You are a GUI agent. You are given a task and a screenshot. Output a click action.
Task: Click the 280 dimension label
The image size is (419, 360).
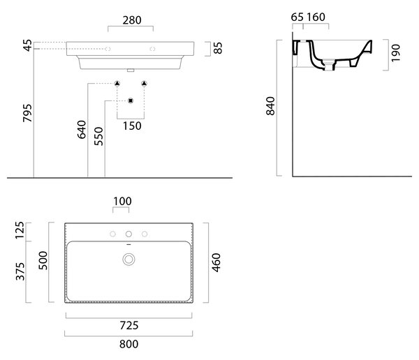(132, 20)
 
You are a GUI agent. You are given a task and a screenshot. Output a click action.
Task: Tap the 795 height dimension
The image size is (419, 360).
(27, 113)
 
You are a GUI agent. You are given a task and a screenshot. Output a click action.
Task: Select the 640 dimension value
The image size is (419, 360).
(82, 130)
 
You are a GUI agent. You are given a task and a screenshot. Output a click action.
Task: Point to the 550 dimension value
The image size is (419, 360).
(98, 136)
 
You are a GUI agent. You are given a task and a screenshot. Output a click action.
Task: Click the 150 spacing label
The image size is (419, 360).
(132, 126)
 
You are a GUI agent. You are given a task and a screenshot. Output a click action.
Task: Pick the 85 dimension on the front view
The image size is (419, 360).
(218, 48)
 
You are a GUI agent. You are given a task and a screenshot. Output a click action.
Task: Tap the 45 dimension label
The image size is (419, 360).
(27, 45)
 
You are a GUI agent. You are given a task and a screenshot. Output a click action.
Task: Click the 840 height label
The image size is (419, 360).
(270, 106)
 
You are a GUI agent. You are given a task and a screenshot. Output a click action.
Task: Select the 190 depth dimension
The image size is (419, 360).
(396, 53)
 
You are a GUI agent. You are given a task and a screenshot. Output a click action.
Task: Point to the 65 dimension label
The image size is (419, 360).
(297, 17)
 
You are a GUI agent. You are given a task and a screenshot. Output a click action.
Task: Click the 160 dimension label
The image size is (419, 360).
(316, 17)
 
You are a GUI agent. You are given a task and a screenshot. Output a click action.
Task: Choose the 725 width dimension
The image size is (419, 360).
(129, 326)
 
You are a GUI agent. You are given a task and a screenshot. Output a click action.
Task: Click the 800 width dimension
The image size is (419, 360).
(128, 344)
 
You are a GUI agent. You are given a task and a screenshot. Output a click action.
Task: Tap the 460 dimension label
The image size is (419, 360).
(216, 263)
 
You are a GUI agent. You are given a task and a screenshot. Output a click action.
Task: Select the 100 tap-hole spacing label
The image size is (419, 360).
(122, 202)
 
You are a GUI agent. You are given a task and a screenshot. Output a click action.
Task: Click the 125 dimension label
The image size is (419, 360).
(20, 230)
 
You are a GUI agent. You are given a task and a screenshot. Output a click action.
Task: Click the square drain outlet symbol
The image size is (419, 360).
(131, 100)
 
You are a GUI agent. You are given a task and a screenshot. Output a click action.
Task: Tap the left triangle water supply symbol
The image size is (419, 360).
(117, 84)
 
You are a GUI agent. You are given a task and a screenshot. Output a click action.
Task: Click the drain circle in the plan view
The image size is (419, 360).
(128, 260)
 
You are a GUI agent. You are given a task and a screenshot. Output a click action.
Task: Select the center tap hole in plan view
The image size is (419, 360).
(128, 234)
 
